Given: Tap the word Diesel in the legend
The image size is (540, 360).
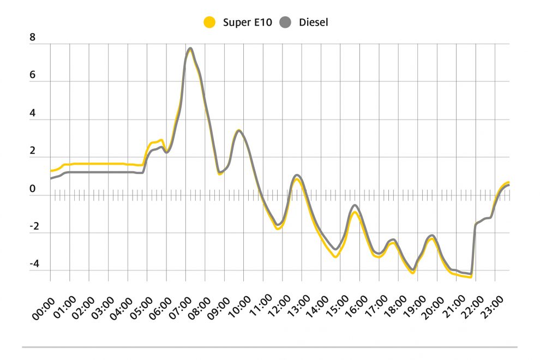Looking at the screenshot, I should [x=313, y=22].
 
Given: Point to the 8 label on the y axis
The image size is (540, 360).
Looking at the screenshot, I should [x=33, y=38].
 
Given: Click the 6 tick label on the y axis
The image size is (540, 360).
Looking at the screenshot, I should [x=33, y=75].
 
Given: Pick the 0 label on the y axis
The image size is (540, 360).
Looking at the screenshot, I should [x=33, y=190].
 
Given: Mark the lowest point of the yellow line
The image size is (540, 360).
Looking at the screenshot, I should [x=470, y=277].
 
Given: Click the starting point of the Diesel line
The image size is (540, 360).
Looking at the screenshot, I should [x=51, y=178].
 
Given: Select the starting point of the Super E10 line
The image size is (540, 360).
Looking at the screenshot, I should [x=51, y=171].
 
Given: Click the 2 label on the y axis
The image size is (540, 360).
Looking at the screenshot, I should [x=33, y=151].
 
